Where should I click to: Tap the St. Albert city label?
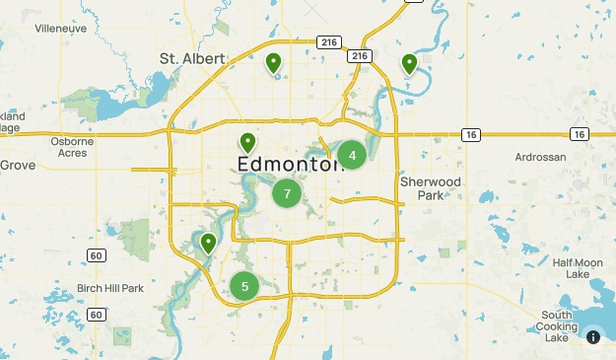pos(191,59)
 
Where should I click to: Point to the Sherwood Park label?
pos(431,188)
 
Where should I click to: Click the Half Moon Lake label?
pos(578,267)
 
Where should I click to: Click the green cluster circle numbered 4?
pos(352,155)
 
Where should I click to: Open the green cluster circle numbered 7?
pos(287,193)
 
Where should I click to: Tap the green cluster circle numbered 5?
pos(244,287)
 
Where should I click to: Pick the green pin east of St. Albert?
pos(274,64)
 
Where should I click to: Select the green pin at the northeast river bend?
pos(409,64)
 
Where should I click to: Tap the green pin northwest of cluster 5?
pos(208,243)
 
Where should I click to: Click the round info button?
pos(593,336)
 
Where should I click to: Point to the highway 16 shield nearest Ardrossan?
pos(580,134)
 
